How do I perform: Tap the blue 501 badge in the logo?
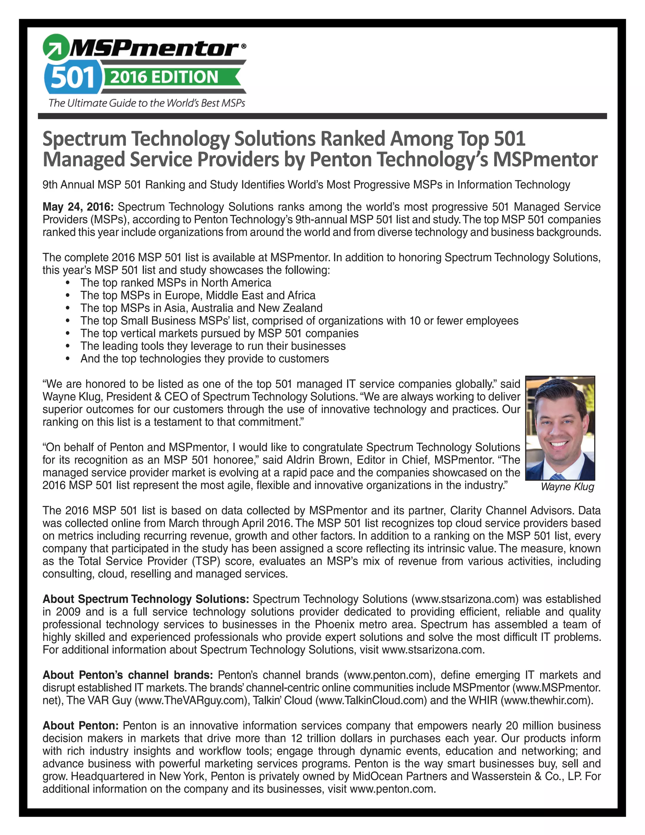click(x=73, y=78)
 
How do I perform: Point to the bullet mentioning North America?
click(x=176, y=283)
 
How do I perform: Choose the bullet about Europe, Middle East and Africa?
click(x=198, y=296)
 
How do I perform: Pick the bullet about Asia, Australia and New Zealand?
click(x=201, y=308)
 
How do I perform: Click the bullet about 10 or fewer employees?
click(x=299, y=321)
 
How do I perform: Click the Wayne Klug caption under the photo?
click(x=568, y=487)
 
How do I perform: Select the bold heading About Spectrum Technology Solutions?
click(x=146, y=599)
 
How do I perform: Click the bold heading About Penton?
click(x=81, y=726)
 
